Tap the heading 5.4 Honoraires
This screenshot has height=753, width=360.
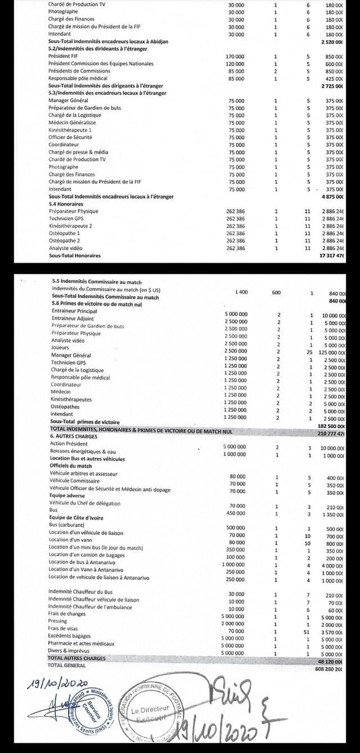point(66,204)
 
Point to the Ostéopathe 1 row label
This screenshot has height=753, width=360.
point(64,233)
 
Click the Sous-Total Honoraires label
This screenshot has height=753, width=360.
point(75,255)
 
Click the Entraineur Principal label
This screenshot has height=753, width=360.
point(74,311)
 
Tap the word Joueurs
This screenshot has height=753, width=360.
point(60,348)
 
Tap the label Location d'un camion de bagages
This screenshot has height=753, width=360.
point(87,554)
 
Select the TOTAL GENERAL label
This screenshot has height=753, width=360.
point(67,665)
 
